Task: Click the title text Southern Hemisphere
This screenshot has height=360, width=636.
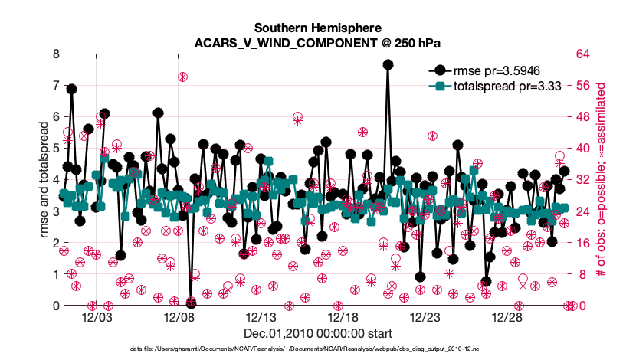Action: tap(317, 25)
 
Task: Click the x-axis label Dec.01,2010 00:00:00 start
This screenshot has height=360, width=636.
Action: tap(317, 333)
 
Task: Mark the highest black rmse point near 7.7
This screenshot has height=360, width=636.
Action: tap(388, 65)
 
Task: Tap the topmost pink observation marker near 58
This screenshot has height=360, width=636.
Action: tap(182, 77)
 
